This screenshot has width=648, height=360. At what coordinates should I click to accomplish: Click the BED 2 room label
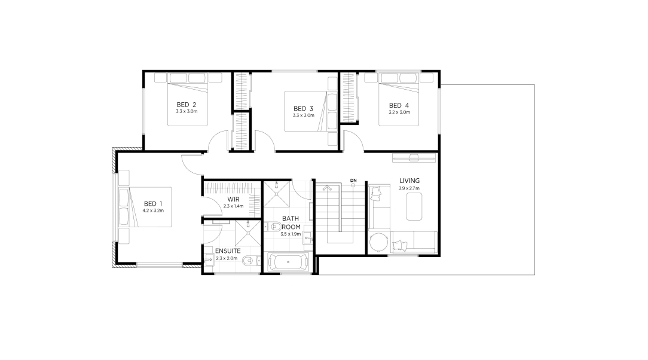tap(186, 105)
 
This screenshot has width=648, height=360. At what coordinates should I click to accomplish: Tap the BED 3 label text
tap(303, 109)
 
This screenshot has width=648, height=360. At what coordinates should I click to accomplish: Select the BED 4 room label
tap(399, 105)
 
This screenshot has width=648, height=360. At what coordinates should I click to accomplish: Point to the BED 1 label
tap(153, 204)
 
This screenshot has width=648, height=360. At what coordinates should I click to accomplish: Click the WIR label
tap(233, 200)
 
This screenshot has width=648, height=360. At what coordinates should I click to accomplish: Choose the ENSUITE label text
tap(228, 251)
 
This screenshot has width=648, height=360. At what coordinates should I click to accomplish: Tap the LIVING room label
tap(409, 181)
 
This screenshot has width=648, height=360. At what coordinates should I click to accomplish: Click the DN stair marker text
tap(353, 181)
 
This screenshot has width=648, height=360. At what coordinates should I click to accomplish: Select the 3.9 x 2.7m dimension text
tap(409, 188)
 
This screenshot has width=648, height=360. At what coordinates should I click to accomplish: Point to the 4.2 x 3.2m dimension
tap(153, 210)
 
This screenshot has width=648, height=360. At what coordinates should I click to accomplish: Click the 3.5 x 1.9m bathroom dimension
tap(291, 234)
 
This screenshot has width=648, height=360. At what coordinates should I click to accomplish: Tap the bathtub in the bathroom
tap(288, 263)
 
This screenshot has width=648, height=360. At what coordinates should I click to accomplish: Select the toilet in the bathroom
tap(273, 227)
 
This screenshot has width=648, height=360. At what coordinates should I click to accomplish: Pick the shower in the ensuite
tap(248, 233)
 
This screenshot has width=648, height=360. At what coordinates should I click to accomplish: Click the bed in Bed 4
tap(399, 99)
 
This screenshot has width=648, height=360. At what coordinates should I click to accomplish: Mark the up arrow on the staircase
tap(328, 188)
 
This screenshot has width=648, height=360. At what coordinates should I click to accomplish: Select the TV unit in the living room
tap(414, 157)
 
